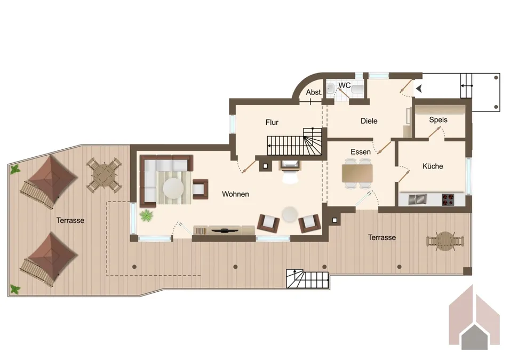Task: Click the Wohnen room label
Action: pos(235,194)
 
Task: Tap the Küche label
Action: pos(433,166)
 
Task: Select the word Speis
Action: pos(438,119)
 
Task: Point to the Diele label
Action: pos(369,121)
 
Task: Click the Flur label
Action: pos(272,122)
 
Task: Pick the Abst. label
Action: pos(314,92)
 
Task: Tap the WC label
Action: pos(345,85)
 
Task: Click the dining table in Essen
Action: pos(357,173)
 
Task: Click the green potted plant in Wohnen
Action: pos(146,215)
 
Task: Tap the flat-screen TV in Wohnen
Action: pos(225,230)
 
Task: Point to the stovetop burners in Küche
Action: pos(448,199)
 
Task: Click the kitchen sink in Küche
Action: pos(418,199)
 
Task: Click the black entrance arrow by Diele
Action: pos(419,88)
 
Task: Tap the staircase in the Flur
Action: pos(294,142)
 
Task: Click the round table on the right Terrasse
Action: pos(445,241)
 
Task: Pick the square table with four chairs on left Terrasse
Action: pos(104,175)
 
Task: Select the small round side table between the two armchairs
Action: pos(290,214)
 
